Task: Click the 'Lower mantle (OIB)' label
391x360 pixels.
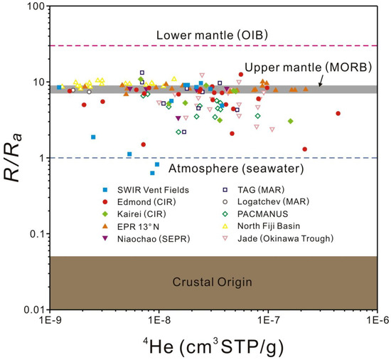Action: (212, 35)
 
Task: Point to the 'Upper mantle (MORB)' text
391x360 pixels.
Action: (309, 68)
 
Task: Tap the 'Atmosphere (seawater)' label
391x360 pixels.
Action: (236, 169)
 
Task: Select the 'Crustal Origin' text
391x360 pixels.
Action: (213, 282)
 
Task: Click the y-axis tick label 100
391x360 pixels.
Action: (36, 6)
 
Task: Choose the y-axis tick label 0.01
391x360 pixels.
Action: (35, 310)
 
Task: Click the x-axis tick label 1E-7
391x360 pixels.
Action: (268, 320)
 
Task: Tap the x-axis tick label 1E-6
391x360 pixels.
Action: (377, 320)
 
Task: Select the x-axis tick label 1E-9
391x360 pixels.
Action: (50, 320)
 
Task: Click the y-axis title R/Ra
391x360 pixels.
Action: (13, 158)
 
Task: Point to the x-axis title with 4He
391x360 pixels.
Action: (213, 346)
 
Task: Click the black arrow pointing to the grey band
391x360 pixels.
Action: (321, 80)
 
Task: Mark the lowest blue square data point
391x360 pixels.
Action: (152, 173)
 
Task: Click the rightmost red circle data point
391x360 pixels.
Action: (338, 114)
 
